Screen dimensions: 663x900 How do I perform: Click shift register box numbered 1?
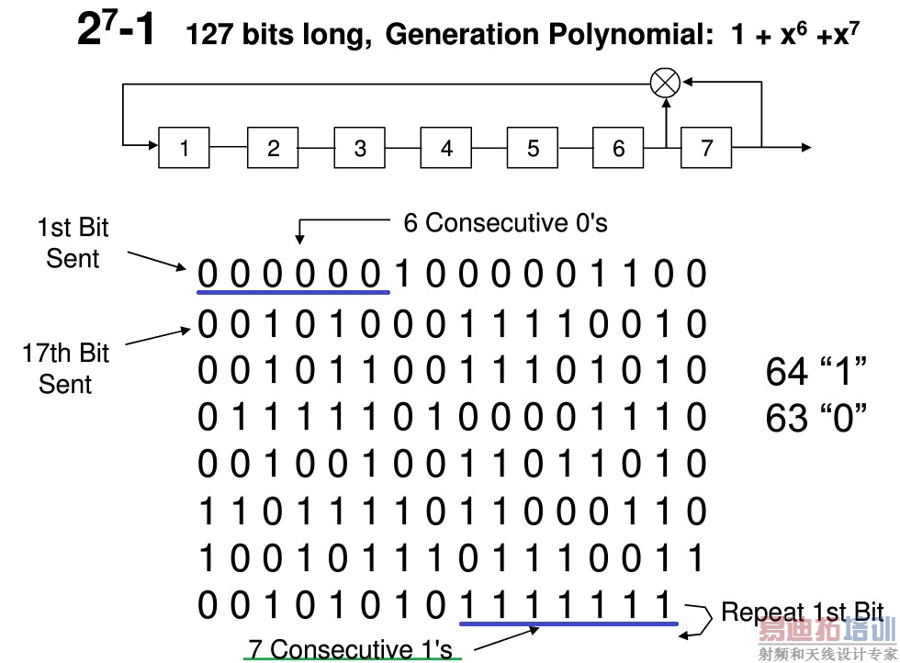[185, 148]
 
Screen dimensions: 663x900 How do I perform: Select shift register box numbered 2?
[273, 148]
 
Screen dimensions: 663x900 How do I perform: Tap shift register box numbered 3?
[359, 148]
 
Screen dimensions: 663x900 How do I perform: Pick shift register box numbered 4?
[446, 148]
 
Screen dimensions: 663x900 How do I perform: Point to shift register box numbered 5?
[533, 148]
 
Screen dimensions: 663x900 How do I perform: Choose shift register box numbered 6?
[618, 148]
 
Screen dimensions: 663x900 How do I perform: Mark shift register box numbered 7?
[706, 148]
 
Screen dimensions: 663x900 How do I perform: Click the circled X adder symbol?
[665, 83]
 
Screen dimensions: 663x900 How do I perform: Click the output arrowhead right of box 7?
[805, 147]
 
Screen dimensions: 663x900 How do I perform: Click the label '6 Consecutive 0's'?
[505, 223]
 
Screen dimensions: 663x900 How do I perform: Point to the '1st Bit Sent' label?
[73, 243]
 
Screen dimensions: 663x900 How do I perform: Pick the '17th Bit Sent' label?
[65, 368]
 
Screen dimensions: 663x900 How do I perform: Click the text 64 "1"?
[816, 372]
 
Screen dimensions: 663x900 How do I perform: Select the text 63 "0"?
[816, 419]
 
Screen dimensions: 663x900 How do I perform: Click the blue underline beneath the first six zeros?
[293, 293]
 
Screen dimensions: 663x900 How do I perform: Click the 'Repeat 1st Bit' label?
[801, 612]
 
